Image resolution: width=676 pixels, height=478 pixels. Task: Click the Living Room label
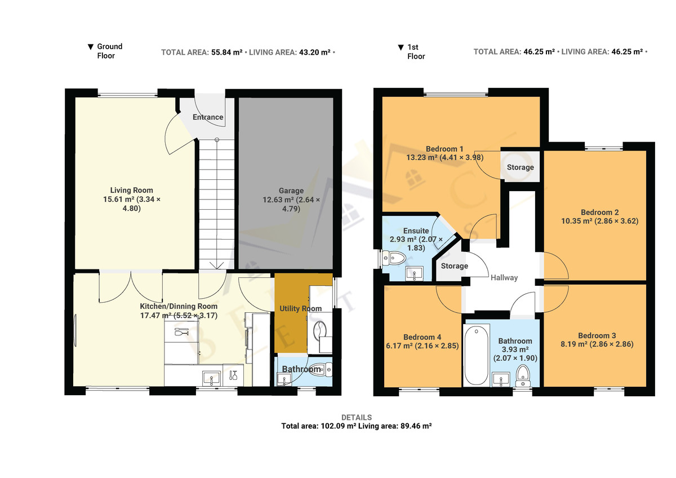[132, 190]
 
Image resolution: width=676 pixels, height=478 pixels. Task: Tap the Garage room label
[291, 191]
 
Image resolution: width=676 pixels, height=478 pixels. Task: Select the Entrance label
[208, 117]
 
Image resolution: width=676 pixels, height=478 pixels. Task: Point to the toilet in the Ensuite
[394, 258]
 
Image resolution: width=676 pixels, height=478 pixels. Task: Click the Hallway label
[504, 277]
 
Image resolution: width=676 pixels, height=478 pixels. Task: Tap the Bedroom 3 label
[597, 335]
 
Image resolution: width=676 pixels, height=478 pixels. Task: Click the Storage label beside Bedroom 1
[521, 167]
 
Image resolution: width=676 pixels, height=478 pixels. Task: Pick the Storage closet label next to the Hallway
[455, 266]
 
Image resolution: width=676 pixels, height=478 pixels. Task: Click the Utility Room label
[301, 308]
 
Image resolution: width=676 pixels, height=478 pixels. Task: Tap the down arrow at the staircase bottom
[217, 265]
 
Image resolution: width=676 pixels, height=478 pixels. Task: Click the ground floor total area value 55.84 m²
[226, 52]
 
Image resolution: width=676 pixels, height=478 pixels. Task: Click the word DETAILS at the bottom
[357, 417]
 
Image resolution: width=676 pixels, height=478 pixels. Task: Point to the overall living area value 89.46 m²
[416, 426]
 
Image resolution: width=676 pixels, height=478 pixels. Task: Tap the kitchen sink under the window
[211, 379]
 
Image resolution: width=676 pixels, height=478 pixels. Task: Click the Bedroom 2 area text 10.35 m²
[576, 221]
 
